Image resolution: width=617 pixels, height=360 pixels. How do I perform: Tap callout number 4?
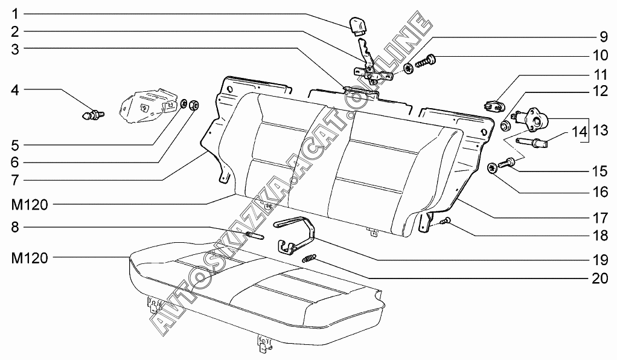(16, 91)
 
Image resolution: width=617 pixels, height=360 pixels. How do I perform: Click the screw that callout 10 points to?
(430, 60)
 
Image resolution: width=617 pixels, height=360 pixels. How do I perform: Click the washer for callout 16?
(491, 168)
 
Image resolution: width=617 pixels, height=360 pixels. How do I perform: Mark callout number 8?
(16, 228)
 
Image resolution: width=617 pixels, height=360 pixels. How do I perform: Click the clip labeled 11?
(494, 106)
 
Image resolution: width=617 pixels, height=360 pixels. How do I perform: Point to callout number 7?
(16, 179)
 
